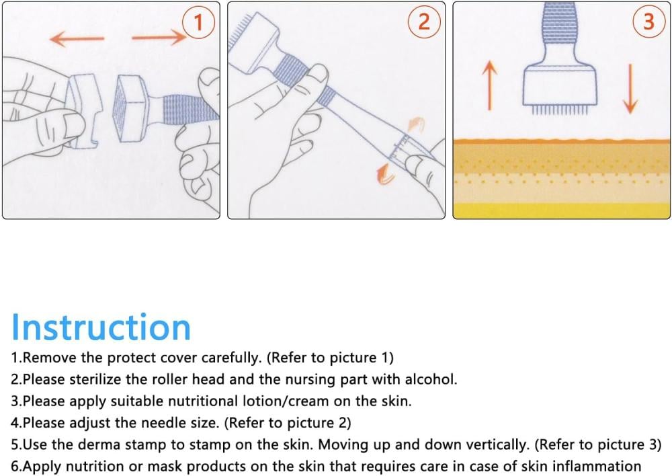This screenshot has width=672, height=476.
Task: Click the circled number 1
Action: [198, 22]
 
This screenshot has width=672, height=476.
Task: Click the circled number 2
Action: [423, 21]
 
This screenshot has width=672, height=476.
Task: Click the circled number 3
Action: [649, 21]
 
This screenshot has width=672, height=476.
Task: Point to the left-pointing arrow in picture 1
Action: [77, 39]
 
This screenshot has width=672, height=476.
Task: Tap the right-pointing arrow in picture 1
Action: [159, 38]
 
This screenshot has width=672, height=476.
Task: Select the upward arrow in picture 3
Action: [490, 85]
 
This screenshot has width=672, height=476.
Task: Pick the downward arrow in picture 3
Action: [630, 89]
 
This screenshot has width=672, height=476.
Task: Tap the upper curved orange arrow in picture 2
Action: [415, 124]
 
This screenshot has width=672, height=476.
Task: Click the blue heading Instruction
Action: [101, 327]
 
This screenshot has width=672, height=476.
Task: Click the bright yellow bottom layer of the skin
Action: [561, 210]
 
